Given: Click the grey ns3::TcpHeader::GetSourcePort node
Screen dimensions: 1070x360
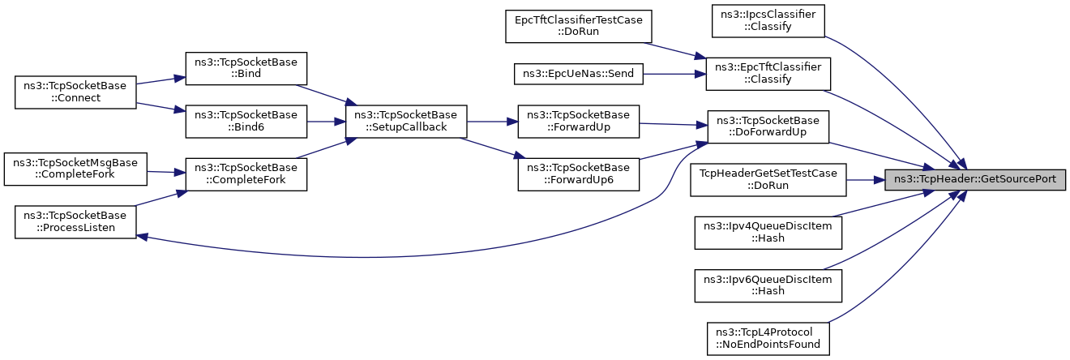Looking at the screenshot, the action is pyautogui.click(x=974, y=180).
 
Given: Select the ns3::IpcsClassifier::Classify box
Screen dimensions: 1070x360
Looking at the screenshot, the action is pyautogui.click(x=768, y=21).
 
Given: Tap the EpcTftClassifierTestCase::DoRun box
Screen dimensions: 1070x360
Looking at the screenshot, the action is pyautogui.click(x=579, y=26).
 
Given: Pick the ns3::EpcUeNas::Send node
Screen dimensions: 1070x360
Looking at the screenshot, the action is pyautogui.click(x=579, y=74).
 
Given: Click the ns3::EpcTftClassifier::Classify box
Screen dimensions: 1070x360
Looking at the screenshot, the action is pyautogui.click(x=768, y=74).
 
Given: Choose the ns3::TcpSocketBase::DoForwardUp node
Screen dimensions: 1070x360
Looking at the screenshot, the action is pyautogui.click(x=768, y=126).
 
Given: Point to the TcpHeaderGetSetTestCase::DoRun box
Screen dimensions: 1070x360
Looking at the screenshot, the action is pyautogui.click(x=768, y=180).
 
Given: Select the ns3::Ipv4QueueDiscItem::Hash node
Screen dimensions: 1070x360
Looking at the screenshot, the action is pyautogui.click(x=768, y=233).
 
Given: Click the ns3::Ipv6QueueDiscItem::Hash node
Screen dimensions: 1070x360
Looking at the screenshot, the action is pyautogui.click(x=768, y=286).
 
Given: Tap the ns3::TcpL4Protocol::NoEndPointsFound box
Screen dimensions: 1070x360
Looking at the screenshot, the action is pyautogui.click(x=768, y=339).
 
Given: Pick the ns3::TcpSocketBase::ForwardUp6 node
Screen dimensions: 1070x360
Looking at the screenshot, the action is pyautogui.click(x=579, y=174).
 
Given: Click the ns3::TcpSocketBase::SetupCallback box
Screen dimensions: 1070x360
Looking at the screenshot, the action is pyautogui.click(x=405, y=122).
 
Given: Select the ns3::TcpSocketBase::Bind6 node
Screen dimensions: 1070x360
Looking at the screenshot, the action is pyautogui.click(x=246, y=122).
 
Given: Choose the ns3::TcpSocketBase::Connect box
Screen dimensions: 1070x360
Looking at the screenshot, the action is pyautogui.click(x=75, y=92).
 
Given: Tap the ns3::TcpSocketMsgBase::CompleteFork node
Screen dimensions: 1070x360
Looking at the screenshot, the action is pyautogui.click(x=75, y=169).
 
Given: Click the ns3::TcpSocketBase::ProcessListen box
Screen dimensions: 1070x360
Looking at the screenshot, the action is pyautogui.click(x=75, y=222).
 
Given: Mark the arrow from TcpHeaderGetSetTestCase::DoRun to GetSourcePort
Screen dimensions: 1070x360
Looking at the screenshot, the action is pyautogui.click(x=866, y=180).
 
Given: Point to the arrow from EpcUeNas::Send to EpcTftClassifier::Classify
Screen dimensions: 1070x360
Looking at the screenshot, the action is pyautogui.click(x=674, y=74).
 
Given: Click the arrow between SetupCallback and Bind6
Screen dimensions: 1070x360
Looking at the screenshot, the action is pyautogui.click(x=326, y=122).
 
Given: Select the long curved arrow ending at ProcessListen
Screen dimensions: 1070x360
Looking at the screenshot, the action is pyautogui.click(x=382, y=257).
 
